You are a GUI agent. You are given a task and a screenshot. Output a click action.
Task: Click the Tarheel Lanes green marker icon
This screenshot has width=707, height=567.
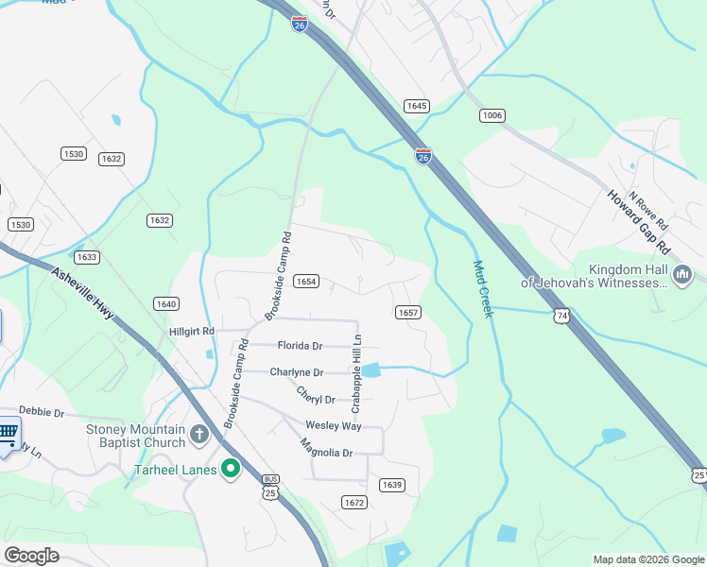click(x=230, y=470)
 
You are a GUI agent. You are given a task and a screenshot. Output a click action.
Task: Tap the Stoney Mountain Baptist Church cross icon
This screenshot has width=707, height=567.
click(x=198, y=436)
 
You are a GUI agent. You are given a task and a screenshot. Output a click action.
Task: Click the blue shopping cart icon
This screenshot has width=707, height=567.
click(x=8, y=434)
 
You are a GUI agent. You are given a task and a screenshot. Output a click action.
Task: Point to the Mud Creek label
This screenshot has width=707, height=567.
click(x=483, y=289)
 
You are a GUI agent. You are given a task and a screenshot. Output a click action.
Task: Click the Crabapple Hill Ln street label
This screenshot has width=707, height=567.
click(x=357, y=373)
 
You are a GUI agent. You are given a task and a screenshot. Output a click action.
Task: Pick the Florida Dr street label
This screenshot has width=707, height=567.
click(x=301, y=346)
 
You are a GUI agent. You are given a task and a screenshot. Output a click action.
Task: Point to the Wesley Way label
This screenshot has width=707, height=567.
click(x=333, y=426)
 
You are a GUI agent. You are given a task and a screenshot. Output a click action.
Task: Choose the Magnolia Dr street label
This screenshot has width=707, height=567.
click(x=326, y=448)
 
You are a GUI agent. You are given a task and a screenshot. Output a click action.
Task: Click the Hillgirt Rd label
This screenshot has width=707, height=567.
click(x=192, y=332)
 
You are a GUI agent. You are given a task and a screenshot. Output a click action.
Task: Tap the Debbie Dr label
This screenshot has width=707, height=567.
click(x=42, y=413)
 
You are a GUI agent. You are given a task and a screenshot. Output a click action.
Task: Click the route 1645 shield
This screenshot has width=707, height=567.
click(x=416, y=106)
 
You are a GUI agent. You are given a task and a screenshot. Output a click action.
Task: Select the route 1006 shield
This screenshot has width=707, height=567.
click(x=492, y=115)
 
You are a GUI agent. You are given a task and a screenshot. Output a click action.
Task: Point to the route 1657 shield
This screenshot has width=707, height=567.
click(x=407, y=312)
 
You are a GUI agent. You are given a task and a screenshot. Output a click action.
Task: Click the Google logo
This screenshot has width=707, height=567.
click(x=31, y=556)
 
